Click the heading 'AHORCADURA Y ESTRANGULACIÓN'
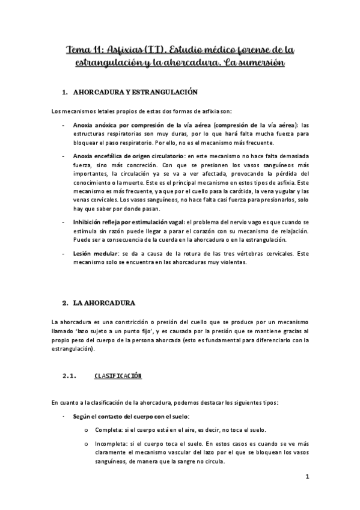(135, 93)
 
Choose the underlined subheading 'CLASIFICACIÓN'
(118, 376)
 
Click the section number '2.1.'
(71, 376)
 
